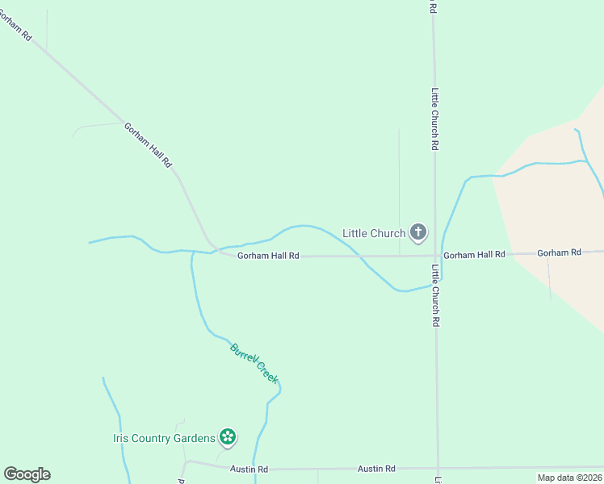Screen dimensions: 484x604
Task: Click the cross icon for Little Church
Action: (417, 233)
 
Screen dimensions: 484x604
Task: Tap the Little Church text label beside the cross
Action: (374, 233)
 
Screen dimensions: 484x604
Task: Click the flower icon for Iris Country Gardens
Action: (228, 438)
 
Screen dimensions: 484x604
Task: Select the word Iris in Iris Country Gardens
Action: (121, 439)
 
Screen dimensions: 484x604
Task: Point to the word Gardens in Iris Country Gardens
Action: (195, 439)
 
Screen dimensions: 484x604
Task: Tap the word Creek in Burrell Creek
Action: (267, 373)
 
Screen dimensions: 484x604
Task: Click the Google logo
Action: (27, 474)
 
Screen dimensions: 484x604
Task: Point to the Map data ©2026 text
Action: (569, 478)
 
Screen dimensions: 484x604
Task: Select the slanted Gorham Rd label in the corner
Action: (15, 25)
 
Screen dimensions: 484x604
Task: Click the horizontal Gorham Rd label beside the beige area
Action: (559, 252)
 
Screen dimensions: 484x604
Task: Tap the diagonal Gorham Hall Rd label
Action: (149, 144)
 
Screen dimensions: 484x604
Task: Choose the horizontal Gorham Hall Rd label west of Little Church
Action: (268, 256)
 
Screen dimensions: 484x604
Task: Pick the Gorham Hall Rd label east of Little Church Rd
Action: (474, 254)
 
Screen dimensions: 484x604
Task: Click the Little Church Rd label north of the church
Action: (434, 119)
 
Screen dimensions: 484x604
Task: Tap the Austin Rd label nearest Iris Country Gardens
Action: (249, 469)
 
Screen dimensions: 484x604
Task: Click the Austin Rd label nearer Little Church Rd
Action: (377, 469)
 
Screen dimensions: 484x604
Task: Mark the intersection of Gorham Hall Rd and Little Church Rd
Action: (436, 255)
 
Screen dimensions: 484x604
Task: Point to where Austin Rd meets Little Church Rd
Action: (438, 468)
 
